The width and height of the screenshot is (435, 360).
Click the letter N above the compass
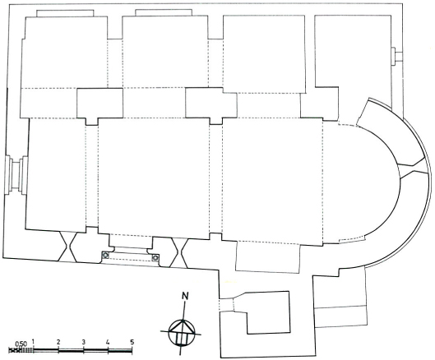click(185, 296)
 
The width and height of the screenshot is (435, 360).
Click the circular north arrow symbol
click(181, 332)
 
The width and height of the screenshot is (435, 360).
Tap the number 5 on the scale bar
click(132, 342)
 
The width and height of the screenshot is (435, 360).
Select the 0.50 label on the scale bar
click(21, 344)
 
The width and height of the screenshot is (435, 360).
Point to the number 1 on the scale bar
click(33, 341)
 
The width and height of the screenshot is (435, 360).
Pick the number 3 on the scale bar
click(83, 342)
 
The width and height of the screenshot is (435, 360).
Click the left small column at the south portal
click(105, 255)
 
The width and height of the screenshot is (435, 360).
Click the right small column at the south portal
click(155, 258)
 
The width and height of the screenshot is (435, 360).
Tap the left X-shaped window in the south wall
click(68, 246)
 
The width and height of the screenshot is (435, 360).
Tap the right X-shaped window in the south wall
click(178, 252)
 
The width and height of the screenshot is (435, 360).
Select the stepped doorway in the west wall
click(16, 174)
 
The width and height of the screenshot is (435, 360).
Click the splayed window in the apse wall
click(411, 168)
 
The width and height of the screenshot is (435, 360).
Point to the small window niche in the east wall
click(397, 57)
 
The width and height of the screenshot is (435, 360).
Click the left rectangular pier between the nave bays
click(99, 106)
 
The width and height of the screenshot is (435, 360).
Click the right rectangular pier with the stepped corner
click(211, 106)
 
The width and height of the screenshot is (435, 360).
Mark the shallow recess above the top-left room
click(65, 13)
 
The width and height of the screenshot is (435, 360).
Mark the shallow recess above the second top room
click(164, 12)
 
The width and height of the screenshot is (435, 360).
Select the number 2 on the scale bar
click(58, 342)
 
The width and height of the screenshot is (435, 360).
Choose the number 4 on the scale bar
click(108, 342)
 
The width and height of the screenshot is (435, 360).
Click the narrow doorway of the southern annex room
click(227, 305)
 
